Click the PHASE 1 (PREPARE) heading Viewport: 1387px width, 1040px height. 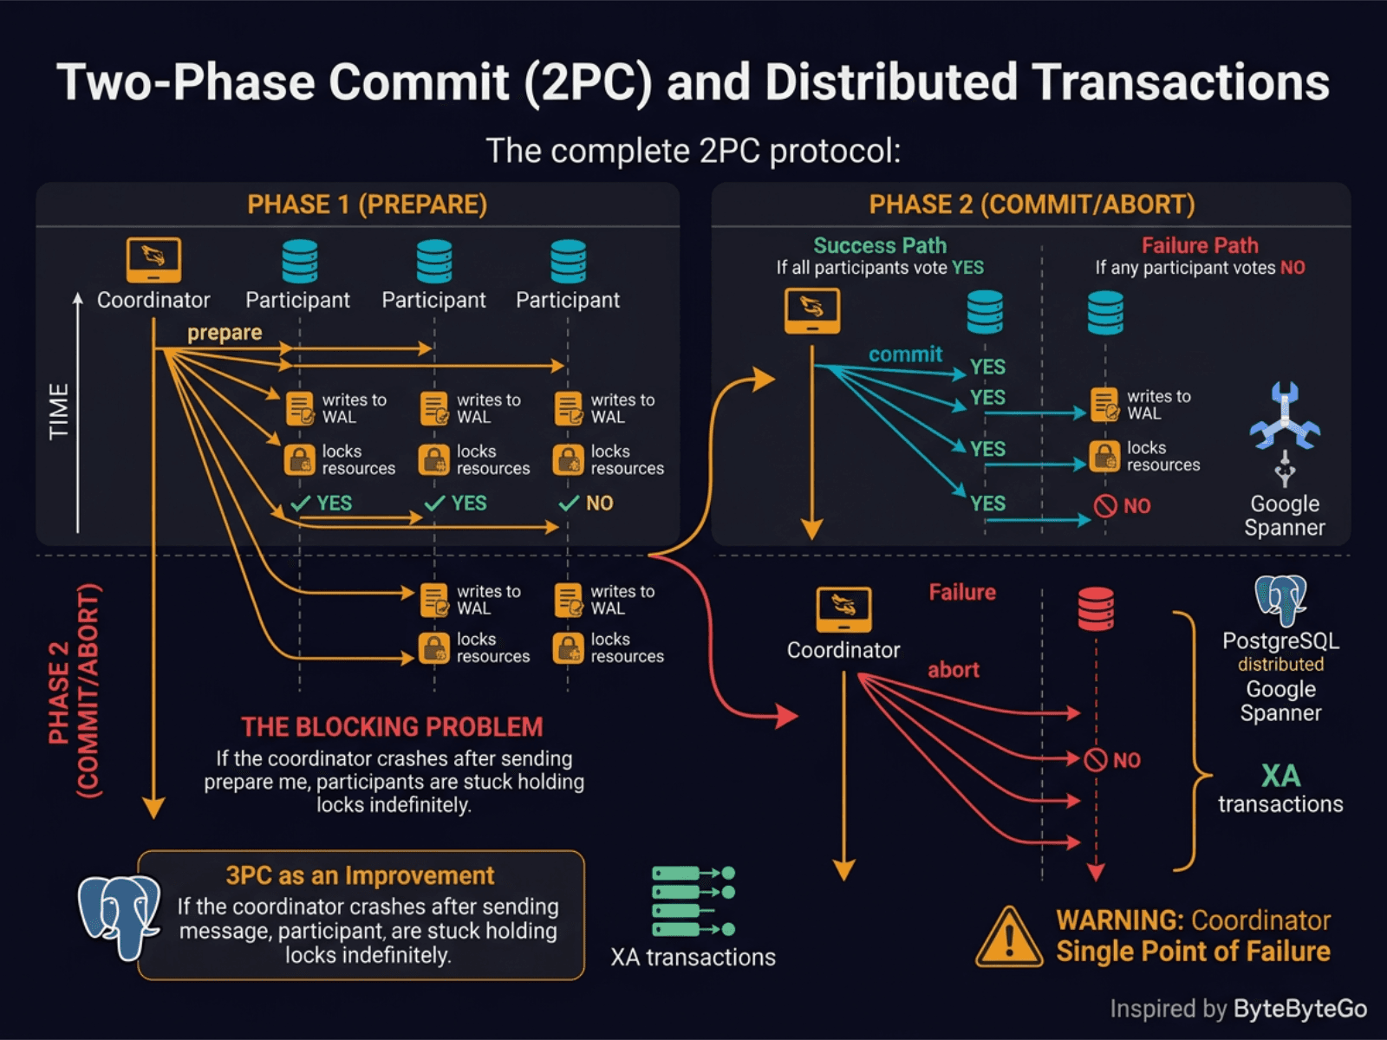pyautogui.click(x=367, y=205)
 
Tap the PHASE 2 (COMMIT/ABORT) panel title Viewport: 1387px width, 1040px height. pyautogui.click(x=1032, y=205)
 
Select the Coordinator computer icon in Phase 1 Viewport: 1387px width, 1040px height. pyautogui.click(x=153, y=260)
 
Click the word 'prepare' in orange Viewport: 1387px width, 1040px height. pyautogui.click(x=225, y=333)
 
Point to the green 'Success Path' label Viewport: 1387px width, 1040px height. pyautogui.click(x=880, y=245)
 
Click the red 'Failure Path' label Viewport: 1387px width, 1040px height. pyautogui.click(x=1200, y=245)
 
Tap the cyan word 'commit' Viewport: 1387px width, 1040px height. pyautogui.click(x=905, y=354)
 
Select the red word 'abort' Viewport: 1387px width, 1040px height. pyautogui.click(x=954, y=670)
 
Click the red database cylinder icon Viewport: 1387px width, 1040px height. pyautogui.click(x=1096, y=609)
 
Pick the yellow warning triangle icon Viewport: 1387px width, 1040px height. pyautogui.click(x=1009, y=939)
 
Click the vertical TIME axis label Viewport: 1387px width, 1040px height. pyautogui.click(x=59, y=412)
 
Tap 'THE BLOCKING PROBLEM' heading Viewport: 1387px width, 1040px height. pyautogui.click(x=392, y=726)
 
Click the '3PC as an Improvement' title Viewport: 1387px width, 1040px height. pyautogui.click(x=360, y=875)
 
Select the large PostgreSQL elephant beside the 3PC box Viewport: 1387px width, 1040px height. pyautogui.click(x=119, y=917)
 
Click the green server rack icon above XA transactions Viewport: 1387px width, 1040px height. pyautogui.click(x=692, y=901)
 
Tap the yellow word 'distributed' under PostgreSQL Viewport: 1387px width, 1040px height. pyautogui.click(x=1280, y=665)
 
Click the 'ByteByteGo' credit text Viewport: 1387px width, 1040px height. pyautogui.click(x=1299, y=1009)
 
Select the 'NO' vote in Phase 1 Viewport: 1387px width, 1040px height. pyautogui.click(x=598, y=504)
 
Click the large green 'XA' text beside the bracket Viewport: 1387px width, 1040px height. pyautogui.click(x=1280, y=775)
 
